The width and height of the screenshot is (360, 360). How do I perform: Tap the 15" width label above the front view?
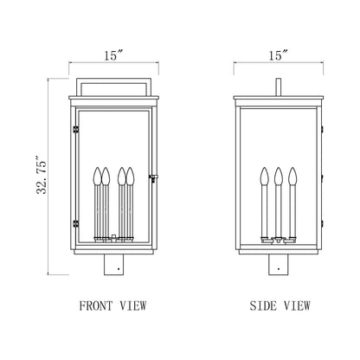pos(113,55)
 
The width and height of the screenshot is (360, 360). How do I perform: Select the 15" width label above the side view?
pos(277,55)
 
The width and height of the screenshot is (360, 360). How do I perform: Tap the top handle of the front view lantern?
pos(114,85)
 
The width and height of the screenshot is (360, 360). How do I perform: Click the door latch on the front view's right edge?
pos(152,179)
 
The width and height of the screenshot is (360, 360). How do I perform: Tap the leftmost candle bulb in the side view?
pos(263,177)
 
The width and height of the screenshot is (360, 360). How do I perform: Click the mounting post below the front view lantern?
pos(114,263)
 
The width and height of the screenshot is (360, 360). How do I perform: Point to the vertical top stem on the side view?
pos(277,87)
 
